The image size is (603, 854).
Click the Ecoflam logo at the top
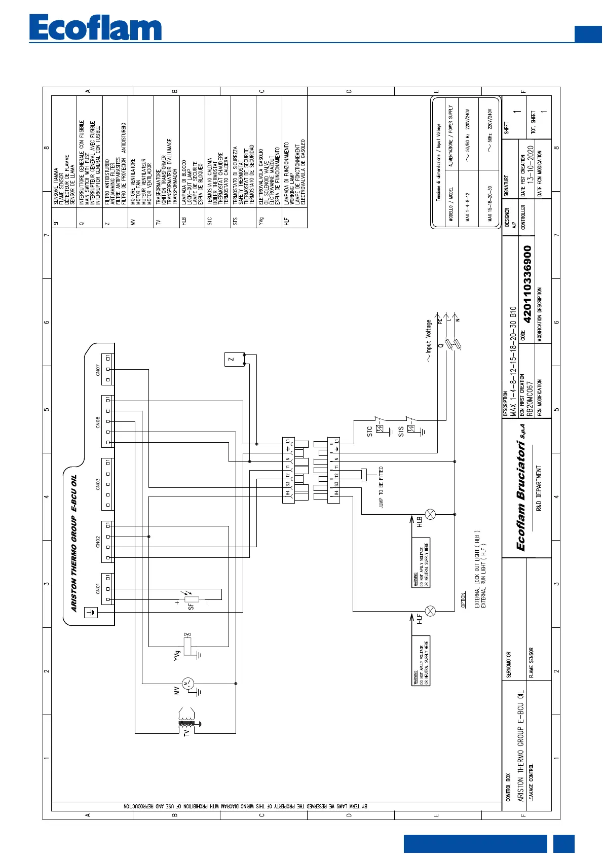[95, 28]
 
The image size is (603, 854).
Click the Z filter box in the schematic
[231, 360]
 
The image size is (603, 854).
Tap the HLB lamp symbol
[430, 514]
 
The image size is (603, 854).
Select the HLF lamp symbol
[430, 611]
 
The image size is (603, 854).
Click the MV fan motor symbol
[187, 684]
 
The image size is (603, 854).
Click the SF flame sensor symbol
[192, 599]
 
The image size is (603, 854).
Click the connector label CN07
[98, 370]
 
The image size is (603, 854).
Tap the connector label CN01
[98, 589]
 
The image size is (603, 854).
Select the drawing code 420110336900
[527, 284]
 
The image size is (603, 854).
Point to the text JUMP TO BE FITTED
[381, 487]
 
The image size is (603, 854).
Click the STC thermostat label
[369, 431]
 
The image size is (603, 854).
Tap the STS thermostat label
[401, 432]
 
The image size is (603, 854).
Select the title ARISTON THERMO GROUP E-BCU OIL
[74, 543]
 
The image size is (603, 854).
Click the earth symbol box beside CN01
[91, 612]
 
